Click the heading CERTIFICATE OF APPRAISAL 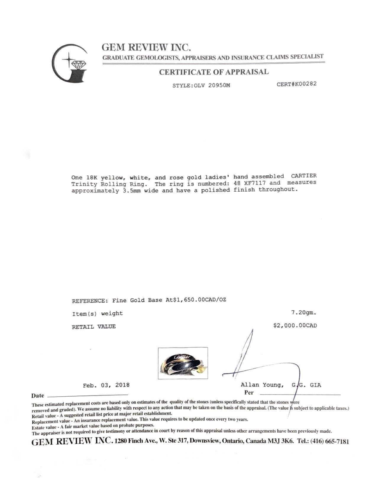214,72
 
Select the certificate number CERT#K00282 297,84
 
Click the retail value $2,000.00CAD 295,326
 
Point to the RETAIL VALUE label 94,327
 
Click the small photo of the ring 183,363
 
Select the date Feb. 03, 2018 106,385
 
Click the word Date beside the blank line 38,395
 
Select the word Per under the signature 249,393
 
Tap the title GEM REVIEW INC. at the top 146,47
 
